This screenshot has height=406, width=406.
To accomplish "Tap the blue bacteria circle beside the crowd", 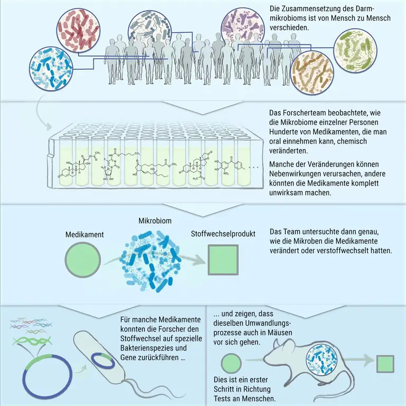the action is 51,68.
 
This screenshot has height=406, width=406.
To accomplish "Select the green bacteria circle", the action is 355,50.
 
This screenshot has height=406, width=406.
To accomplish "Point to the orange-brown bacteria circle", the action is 312,72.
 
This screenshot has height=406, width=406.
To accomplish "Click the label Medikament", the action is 85,235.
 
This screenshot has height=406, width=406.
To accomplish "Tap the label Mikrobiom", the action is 155,221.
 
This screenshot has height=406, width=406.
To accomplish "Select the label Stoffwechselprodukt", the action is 223,234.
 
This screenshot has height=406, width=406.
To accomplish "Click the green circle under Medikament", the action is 82,260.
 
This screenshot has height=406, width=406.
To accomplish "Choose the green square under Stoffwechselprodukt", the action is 223,260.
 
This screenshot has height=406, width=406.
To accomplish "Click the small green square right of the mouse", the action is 385,364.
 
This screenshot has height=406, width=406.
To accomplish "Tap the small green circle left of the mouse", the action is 231,363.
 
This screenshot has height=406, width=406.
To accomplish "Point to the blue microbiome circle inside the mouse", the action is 322,360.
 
